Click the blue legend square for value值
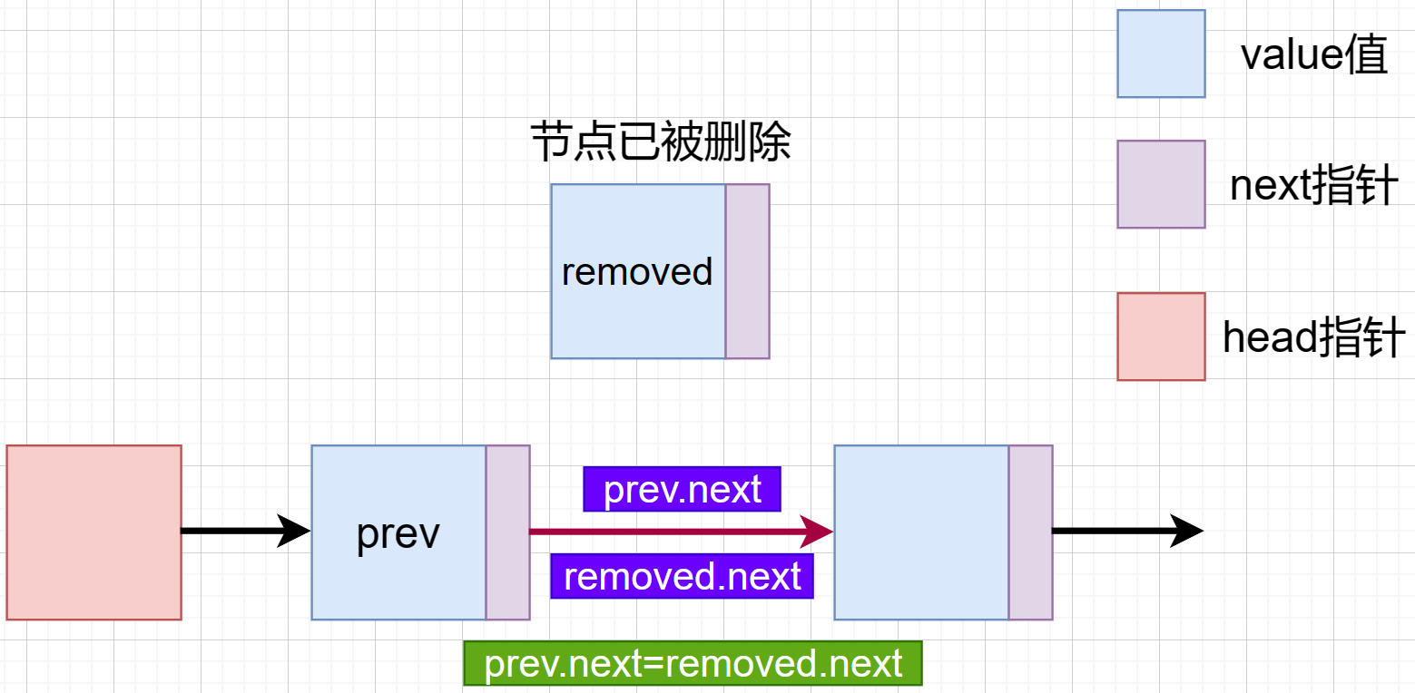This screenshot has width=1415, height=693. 1161,54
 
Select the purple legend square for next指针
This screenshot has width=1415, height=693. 1161,184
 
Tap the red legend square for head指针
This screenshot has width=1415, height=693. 1161,337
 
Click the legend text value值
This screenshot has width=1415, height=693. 1313,55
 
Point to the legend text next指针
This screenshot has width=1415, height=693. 1313,187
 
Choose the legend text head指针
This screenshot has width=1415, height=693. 1313,338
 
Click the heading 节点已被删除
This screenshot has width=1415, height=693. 660,143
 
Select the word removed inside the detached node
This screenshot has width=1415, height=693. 637,272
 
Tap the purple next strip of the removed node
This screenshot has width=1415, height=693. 747,271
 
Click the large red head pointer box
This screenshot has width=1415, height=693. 93,532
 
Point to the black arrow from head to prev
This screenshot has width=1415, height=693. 245,532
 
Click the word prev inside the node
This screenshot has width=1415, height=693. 398,534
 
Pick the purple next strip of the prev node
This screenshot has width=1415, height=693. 507,532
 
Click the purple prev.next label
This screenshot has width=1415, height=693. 682,490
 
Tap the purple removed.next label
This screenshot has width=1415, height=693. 682,577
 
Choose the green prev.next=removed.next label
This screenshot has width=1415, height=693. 693,664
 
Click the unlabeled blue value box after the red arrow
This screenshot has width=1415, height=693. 921,532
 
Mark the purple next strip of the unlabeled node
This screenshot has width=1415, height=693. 1030,532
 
